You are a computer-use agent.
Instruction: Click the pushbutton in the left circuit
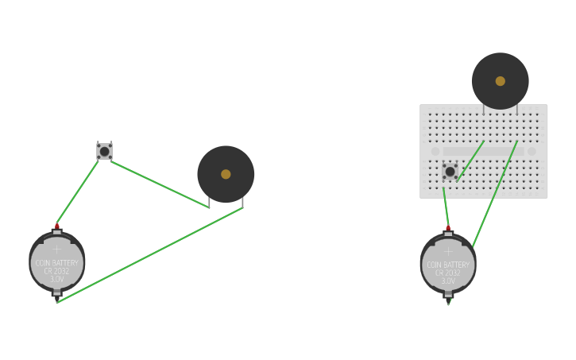[104, 151]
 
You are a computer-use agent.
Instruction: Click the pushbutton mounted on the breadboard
[450, 171]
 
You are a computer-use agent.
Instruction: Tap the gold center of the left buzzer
[226, 174]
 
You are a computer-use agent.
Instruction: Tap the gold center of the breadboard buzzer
[500, 81]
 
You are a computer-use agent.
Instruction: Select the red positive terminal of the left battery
[57, 226]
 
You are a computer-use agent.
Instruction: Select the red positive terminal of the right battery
[448, 228]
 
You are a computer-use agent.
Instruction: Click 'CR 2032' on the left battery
[57, 271]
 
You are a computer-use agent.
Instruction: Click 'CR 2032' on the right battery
[448, 273]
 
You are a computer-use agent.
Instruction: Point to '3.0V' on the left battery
[57, 280]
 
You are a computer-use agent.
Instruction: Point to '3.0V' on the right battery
[448, 281]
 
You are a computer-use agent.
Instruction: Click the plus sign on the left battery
[56, 250]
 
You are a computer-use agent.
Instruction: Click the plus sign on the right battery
[448, 251]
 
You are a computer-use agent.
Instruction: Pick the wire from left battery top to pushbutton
[78, 192]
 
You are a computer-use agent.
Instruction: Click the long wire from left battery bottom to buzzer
[151, 255]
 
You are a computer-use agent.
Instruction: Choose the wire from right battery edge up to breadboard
[495, 195]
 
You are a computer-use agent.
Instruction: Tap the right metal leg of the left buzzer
[242, 203]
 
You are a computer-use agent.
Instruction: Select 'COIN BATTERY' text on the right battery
[448, 265]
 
